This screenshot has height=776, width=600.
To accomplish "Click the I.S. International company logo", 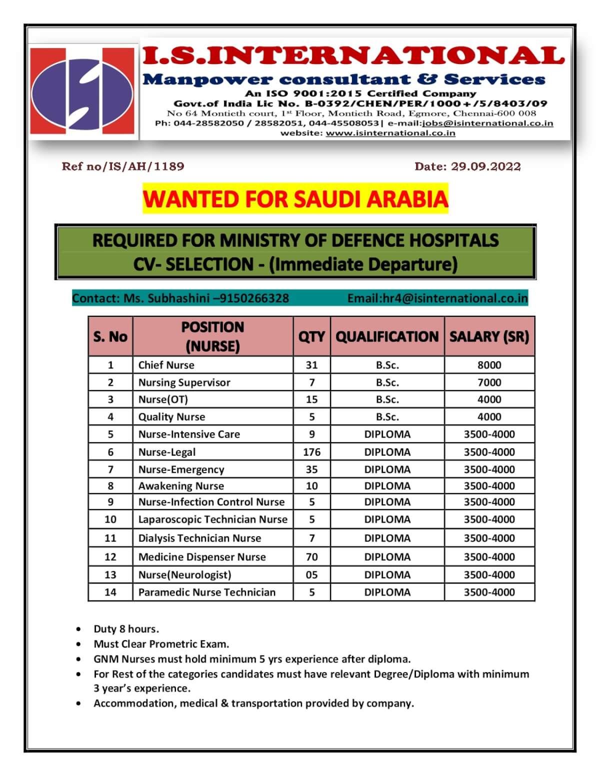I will tap(83, 90).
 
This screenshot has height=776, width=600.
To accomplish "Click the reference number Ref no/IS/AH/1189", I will tap(123, 166).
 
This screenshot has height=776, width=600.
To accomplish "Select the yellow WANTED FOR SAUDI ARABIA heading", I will tap(295, 199).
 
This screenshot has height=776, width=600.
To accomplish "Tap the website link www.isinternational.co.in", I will tap(390, 133).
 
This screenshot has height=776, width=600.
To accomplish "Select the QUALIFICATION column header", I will tap(387, 336).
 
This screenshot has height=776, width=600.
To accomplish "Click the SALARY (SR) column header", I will tap(489, 336).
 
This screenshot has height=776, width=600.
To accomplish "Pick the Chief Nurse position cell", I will tap(166, 365).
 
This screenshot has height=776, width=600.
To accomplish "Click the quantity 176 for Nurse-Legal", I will tap(311, 452).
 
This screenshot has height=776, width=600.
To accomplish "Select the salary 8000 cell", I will tap(489, 365).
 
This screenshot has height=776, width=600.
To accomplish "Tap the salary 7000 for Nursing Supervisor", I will tap(489, 382).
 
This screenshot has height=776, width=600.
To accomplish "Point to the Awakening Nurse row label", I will tap(181, 486).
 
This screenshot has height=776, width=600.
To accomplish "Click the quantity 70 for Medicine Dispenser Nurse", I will tap(311, 557).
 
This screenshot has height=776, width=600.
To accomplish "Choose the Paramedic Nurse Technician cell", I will tap(207, 592).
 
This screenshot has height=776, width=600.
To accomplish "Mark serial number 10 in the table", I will tap(110, 519).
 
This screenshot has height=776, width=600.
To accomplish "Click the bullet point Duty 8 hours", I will tap(126, 629).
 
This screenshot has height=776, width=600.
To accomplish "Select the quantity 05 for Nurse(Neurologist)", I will tap(311, 575).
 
